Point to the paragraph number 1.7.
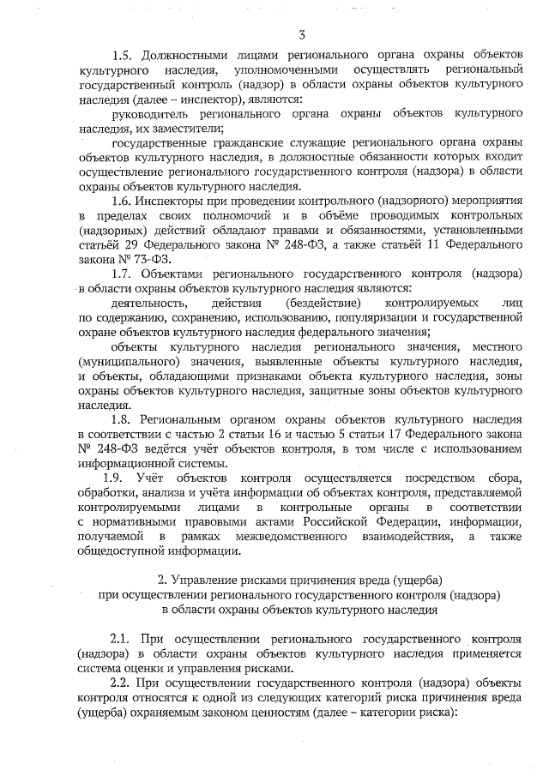(x=125, y=274)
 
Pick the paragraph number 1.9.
(x=116, y=478)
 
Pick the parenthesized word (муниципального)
(x=128, y=361)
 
